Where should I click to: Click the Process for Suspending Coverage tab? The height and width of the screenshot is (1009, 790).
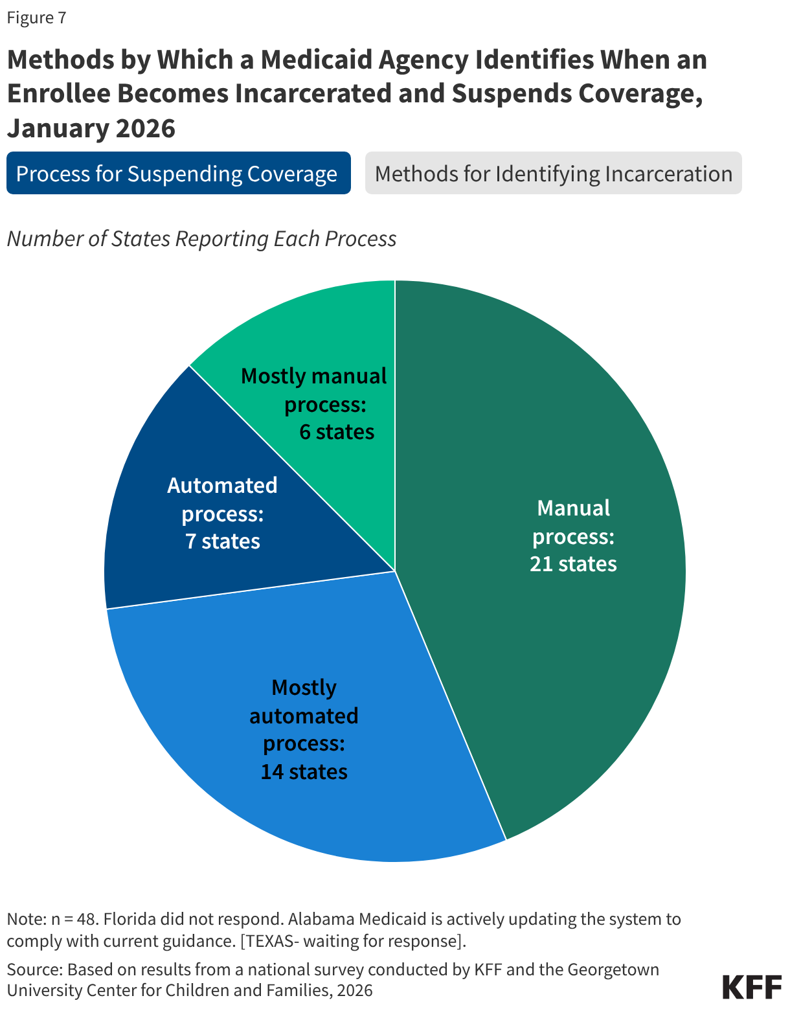pos(178,174)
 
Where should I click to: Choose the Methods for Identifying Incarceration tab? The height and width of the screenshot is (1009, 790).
pos(553,174)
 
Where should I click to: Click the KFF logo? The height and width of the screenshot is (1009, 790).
pos(752,987)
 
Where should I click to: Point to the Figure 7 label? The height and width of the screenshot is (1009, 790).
pos(36,17)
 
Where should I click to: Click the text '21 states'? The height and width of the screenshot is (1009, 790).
pos(573,564)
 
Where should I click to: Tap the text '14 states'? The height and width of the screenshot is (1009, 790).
pos(304,772)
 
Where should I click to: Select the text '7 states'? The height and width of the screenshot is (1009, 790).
pos(222,541)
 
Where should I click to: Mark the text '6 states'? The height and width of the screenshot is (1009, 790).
pos(337,432)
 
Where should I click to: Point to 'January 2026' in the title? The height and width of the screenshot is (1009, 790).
pos(91,128)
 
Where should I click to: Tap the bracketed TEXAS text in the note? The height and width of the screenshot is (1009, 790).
pos(353,940)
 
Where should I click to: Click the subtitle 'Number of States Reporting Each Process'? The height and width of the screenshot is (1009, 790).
pos(201,239)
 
